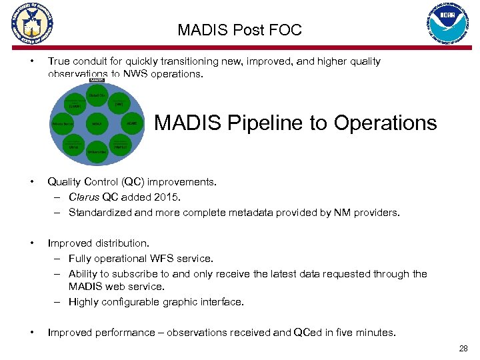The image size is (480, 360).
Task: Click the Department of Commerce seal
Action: click(31, 26)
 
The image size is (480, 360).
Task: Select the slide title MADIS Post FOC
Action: click(239, 30)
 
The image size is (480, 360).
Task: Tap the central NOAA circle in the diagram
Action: click(97, 124)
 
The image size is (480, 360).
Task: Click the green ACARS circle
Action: click(133, 124)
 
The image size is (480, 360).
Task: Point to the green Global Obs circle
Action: click(97, 95)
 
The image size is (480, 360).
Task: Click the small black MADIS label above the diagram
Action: click(97, 80)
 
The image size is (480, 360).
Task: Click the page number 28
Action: click(463, 348)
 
